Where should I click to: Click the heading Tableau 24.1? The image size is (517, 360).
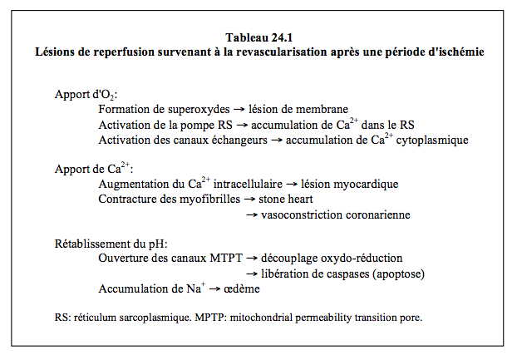coord(258,37)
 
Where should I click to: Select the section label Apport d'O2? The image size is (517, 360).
coord(86,93)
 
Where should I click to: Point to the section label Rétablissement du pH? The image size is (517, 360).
coord(111,244)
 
